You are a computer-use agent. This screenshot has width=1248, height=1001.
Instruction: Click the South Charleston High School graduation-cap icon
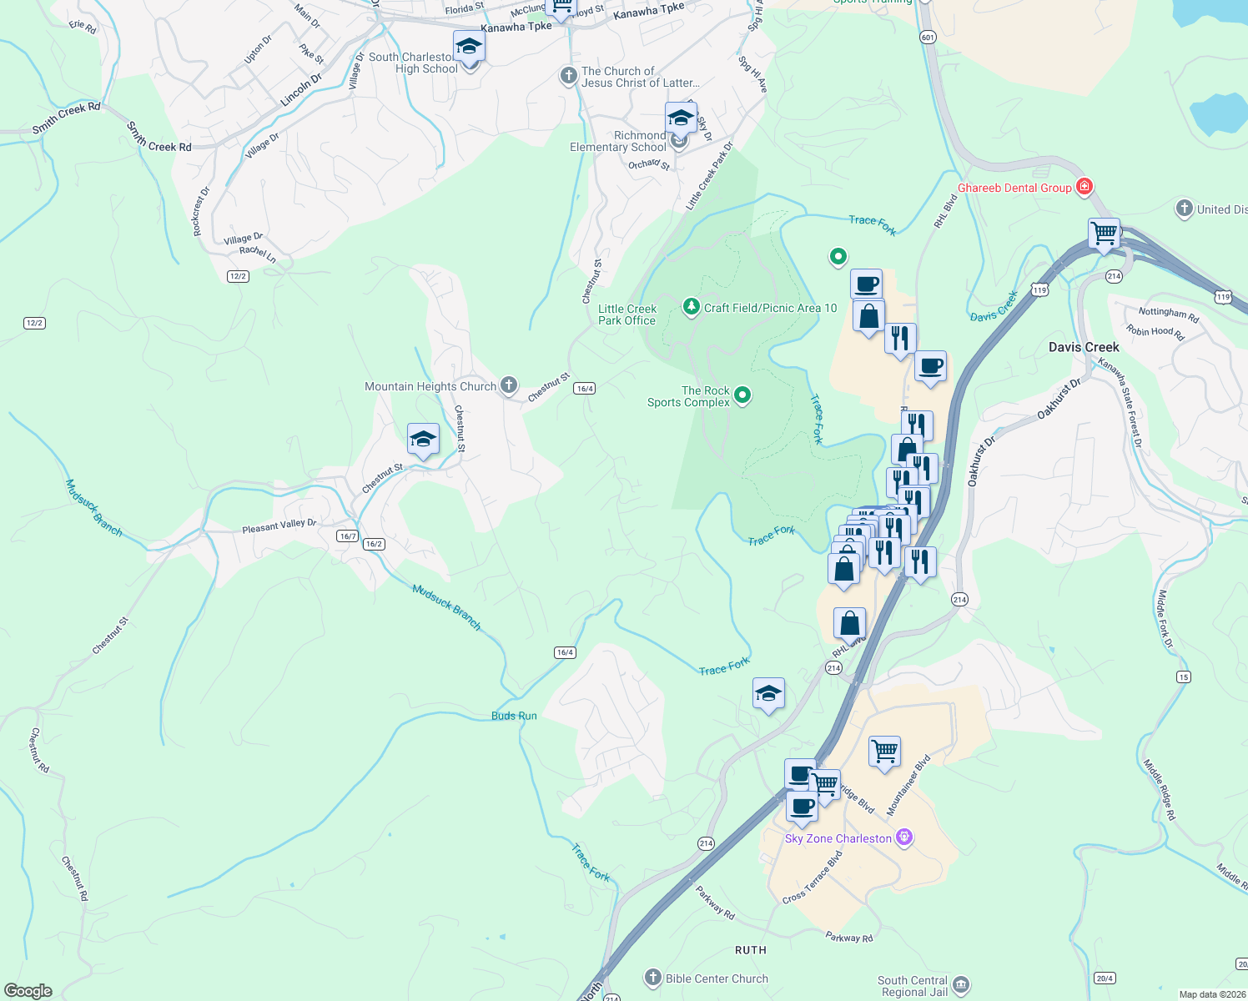(x=469, y=47)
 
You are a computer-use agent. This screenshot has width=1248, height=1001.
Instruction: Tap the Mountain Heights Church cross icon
(x=509, y=385)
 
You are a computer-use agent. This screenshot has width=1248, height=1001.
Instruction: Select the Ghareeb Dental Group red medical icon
(x=1084, y=187)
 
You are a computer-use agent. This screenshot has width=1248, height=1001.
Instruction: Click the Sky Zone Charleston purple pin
(x=903, y=838)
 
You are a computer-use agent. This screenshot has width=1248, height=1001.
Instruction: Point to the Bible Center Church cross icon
(x=653, y=978)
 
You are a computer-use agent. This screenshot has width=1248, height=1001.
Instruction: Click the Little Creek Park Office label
(x=627, y=314)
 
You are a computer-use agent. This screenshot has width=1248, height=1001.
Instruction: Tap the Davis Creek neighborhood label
(x=1084, y=347)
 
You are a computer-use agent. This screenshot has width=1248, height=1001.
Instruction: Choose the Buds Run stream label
(x=514, y=716)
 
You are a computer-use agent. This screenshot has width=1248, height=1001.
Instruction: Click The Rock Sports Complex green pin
(x=742, y=395)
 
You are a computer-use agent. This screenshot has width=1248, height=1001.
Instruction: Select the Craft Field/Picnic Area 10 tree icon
(x=691, y=307)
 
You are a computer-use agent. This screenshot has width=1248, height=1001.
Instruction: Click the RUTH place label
(x=751, y=950)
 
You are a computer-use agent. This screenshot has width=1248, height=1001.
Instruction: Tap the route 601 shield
(x=928, y=38)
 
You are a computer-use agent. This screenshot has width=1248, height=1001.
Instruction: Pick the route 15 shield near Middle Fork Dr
(x=1184, y=677)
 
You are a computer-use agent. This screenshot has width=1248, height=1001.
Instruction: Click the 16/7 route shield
(x=348, y=536)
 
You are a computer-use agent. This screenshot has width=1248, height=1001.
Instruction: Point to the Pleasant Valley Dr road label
(x=279, y=526)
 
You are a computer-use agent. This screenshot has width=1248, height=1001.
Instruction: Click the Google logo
(x=28, y=991)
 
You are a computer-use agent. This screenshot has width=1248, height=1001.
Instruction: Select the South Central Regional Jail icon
(x=960, y=985)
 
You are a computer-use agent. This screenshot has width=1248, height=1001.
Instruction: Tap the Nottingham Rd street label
(x=1168, y=314)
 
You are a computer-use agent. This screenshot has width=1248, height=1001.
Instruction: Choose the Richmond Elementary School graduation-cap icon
(x=681, y=118)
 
